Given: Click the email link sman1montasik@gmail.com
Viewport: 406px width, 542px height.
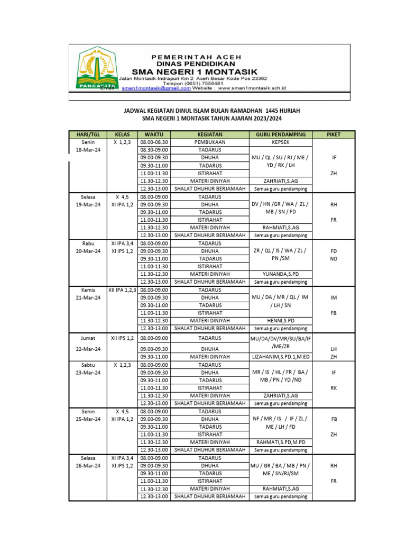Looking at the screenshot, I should [156, 89].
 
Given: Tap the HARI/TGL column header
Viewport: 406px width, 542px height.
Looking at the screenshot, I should [88, 134].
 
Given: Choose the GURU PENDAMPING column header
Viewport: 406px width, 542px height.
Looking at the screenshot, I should [280, 134].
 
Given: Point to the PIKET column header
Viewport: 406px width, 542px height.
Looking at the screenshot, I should [334, 134].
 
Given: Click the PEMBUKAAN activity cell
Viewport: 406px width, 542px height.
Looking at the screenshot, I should [210, 142].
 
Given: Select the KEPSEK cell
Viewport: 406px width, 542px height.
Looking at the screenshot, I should [280, 142].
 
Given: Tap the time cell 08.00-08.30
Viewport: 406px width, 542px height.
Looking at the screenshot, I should [154, 142].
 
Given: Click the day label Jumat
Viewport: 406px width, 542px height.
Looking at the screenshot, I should [88, 338].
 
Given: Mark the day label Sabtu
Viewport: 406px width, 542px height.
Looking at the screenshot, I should [88, 365].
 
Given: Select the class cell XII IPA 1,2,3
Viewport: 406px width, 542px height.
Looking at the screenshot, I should [122, 290].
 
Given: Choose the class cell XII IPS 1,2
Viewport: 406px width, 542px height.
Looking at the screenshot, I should [122, 338].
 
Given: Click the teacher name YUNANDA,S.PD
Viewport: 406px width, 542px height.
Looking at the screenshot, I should [280, 274].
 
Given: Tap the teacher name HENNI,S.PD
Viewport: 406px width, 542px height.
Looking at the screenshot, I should [280, 321].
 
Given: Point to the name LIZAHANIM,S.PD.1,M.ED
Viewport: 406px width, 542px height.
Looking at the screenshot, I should [280, 357].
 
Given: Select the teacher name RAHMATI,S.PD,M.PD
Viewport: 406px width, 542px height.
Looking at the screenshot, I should [280, 442].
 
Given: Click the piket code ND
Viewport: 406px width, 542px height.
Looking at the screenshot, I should [334, 259].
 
